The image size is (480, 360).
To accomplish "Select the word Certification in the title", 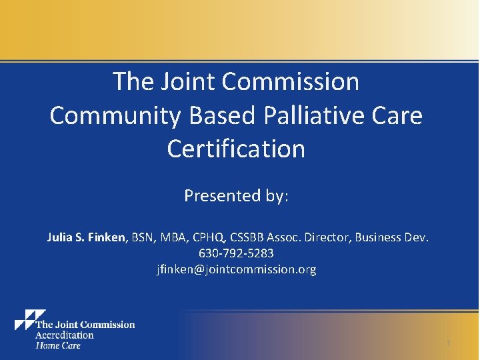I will pyautogui.click(x=236, y=149).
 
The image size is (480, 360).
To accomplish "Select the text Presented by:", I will pyautogui.click(x=236, y=195).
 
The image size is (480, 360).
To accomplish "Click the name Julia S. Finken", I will pyautogui.click(x=86, y=237).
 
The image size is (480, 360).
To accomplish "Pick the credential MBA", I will pyautogui.click(x=175, y=237).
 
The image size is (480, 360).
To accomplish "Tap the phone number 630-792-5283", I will pyautogui.click(x=236, y=253).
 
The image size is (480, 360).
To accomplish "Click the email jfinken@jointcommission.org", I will pyautogui.click(x=236, y=269).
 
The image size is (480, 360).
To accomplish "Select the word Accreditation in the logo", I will pyautogui.click(x=64, y=335).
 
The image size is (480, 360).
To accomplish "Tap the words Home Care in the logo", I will pyautogui.click(x=57, y=345).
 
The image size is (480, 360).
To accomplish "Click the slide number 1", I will pyautogui.click(x=449, y=343).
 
